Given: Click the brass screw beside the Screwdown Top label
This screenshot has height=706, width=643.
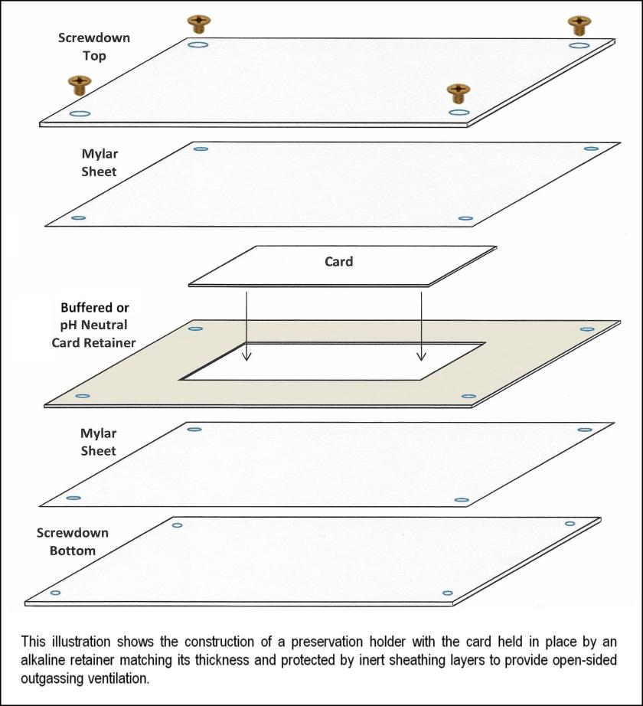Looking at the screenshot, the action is [x=80, y=85].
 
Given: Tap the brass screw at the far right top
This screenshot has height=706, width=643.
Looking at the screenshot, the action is [x=579, y=25].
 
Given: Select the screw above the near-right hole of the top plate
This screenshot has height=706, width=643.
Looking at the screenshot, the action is [x=458, y=93].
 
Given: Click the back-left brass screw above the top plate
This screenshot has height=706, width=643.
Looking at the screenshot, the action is [x=198, y=24].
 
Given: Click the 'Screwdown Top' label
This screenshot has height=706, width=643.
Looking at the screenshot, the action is [x=94, y=47].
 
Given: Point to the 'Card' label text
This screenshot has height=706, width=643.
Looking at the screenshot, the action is [x=339, y=262].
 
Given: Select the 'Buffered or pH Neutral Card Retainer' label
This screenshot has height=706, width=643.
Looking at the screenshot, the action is [x=93, y=325].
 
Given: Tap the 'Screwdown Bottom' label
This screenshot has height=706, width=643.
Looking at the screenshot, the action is [x=73, y=541].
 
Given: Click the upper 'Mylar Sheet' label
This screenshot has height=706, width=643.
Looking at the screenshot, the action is [x=100, y=162].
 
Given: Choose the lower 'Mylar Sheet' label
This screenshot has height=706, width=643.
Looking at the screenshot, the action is [x=99, y=442].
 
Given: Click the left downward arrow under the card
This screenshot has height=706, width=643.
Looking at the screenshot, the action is [x=246, y=326].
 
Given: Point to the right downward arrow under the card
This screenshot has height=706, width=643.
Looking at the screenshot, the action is [x=421, y=326].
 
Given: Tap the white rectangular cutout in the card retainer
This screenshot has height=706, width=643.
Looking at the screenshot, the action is [x=333, y=361].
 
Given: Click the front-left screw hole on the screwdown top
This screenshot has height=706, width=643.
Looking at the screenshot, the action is [x=80, y=114].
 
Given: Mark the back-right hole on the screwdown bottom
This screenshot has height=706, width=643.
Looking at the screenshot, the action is [x=570, y=523].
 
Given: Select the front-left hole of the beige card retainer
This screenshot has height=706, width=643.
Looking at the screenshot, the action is [x=83, y=396].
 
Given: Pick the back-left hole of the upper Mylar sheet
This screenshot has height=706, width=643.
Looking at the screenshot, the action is [x=201, y=149].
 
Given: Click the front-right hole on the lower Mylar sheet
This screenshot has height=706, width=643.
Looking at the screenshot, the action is [x=462, y=500].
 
